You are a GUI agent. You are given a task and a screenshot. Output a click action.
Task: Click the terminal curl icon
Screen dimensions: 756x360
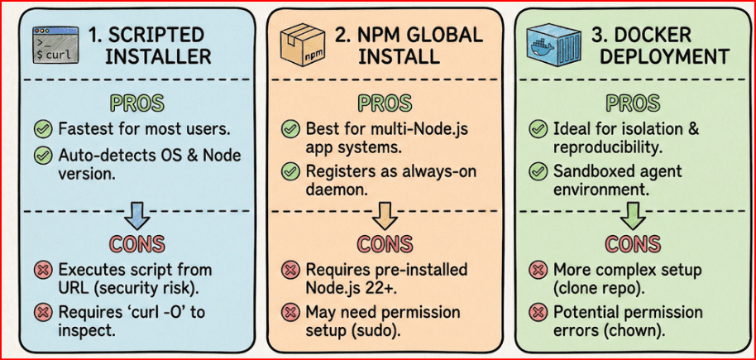pyautogui.click(x=55, y=45)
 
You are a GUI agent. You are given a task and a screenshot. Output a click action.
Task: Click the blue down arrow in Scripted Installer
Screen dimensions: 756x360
pyautogui.click(x=137, y=216)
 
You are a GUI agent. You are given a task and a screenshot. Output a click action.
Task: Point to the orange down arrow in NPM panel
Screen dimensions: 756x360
pyautogui.click(x=385, y=216)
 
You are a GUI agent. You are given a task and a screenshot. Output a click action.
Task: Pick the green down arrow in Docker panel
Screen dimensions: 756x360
pyautogui.click(x=633, y=216)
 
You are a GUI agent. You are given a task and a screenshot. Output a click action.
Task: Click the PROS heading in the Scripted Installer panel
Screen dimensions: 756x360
pyautogui.click(x=138, y=103)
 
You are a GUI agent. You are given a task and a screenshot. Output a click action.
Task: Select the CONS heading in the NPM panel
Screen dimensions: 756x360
pyautogui.click(x=385, y=243)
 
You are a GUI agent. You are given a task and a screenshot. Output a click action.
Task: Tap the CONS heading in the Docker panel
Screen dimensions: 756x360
pyautogui.click(x=633, y=243)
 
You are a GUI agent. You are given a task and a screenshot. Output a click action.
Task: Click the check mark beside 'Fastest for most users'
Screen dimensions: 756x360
pyautogui.click(x=43, y=129)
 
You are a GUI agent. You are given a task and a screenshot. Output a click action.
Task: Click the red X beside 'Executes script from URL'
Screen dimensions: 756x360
pyautogui.click(x=43, y=271)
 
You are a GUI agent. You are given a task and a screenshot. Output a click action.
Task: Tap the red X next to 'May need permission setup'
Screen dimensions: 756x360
pyautogui.click(x=290, y=312)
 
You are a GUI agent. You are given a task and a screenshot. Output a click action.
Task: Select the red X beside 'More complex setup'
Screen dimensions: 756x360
pyautogui.click(x=537, y=271)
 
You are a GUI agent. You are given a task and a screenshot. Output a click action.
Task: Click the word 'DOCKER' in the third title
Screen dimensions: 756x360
pyautogui.click(x=640, y=35)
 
